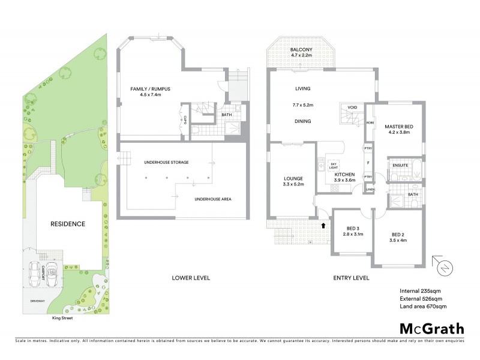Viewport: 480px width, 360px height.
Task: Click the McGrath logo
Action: point(432,328)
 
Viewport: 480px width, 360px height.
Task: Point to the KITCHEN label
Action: point(345,175)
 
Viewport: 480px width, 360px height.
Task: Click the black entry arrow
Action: point(325,226)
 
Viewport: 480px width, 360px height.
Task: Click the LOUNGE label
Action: point(293,178)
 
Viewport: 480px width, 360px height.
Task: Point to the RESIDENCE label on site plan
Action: point(68,224)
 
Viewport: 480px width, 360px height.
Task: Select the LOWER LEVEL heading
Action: point(190,278)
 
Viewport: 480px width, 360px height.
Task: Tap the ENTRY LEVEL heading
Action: point(351,278)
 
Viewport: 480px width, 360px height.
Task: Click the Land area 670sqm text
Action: point(423,307)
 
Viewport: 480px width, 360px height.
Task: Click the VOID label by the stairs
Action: point(352,107)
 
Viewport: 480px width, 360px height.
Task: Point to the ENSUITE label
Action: point(401,165)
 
